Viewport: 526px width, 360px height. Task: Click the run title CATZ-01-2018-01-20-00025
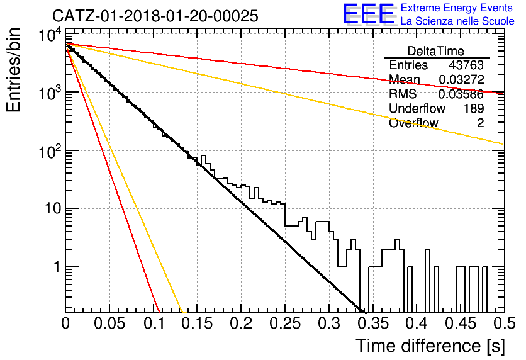tap(155, 16)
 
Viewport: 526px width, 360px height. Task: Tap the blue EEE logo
tap(369, 14)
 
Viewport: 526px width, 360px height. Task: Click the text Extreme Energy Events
tap(457, 8)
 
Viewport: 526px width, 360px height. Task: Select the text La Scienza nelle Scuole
tap(457, 21)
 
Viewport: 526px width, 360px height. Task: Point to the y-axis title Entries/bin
tap(13, 70)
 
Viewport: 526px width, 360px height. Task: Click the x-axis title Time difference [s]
tap(430, 346)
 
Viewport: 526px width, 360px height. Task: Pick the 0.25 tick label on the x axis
tap(285, 323)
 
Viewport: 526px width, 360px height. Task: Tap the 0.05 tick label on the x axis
tap(109, 323)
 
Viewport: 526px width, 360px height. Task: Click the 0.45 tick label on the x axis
tap(461, 323)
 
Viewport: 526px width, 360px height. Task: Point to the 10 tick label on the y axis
tap(53, 209)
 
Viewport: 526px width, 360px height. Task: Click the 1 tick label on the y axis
tap(57, 267)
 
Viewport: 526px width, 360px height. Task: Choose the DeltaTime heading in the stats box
tap(435, 51)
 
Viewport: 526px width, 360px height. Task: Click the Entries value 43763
tap(466, 65)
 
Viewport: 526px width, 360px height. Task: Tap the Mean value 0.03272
tap(461, 79)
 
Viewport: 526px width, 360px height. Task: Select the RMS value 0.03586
tap(461, 94)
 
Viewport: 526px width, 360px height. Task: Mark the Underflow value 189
tap(474, 108)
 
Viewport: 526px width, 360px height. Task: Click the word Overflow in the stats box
tap(413, 123)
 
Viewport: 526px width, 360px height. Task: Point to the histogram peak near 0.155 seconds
tap(203, 156)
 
